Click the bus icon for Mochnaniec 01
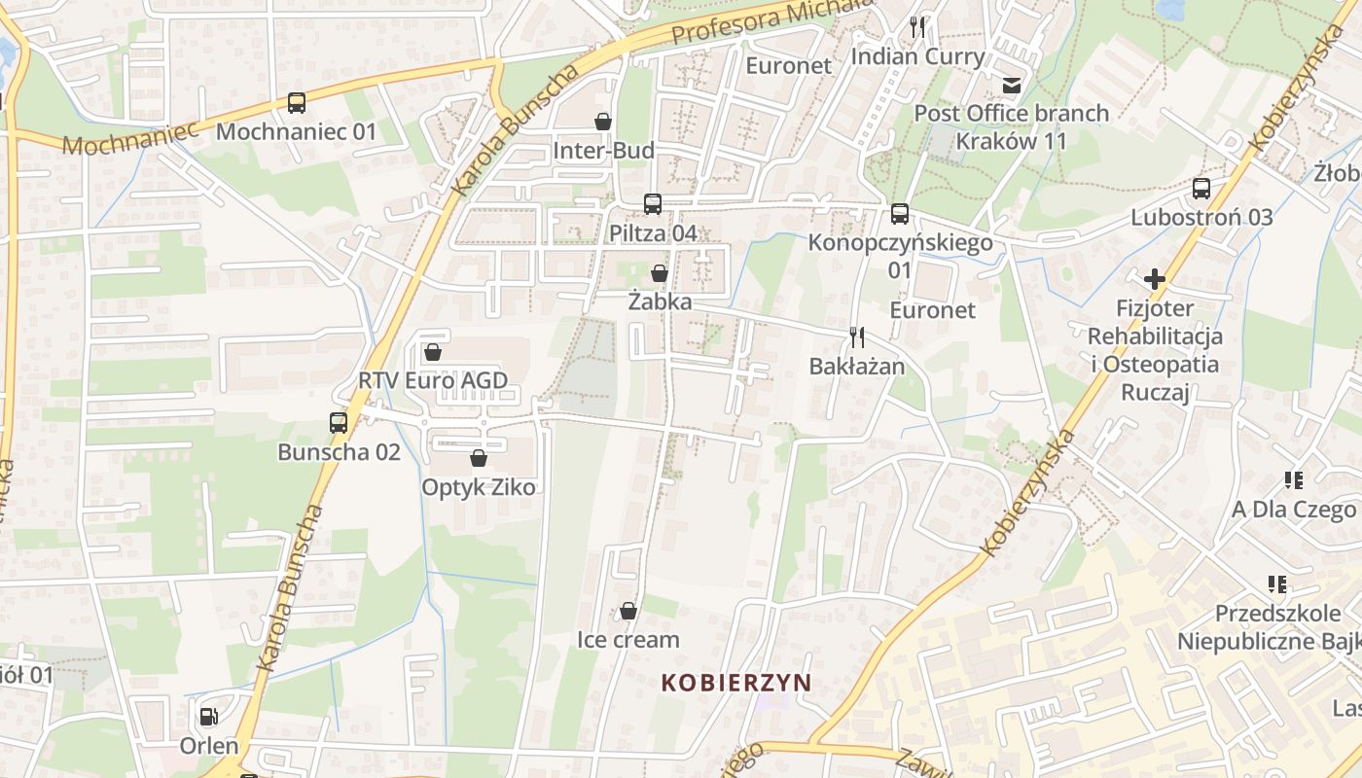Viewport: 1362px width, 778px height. click(297, 102)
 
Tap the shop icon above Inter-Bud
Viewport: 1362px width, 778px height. click(603, 122)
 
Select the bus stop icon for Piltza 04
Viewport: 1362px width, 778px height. click(653, 204)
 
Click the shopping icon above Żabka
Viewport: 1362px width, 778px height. click(660, 273)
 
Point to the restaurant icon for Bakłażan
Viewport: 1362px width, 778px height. click(857, 337)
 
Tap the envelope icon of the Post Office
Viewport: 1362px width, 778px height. click(1013, 85)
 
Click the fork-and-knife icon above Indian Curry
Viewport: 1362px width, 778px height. click(917, 27)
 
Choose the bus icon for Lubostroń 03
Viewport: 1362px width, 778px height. click(1201, 189)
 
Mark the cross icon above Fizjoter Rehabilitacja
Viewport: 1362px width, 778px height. click(1155, 280)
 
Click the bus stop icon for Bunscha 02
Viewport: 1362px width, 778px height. click(339, 423)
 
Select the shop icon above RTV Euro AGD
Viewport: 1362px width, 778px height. click(433, 351)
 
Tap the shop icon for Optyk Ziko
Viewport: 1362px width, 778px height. click(478, 458)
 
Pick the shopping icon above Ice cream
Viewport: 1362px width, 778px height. click(628, 611)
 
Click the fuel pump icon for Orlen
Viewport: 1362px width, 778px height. click(208, 717)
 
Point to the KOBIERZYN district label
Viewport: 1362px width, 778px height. click(735, 682)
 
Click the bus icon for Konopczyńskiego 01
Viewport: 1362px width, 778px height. click(900, 214)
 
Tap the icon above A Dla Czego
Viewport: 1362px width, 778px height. click(1294, 479)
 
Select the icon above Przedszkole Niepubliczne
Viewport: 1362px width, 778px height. click(1277, 584)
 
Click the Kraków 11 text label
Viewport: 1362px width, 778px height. click(1011, 141)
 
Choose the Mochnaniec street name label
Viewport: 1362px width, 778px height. click(130, 137)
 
